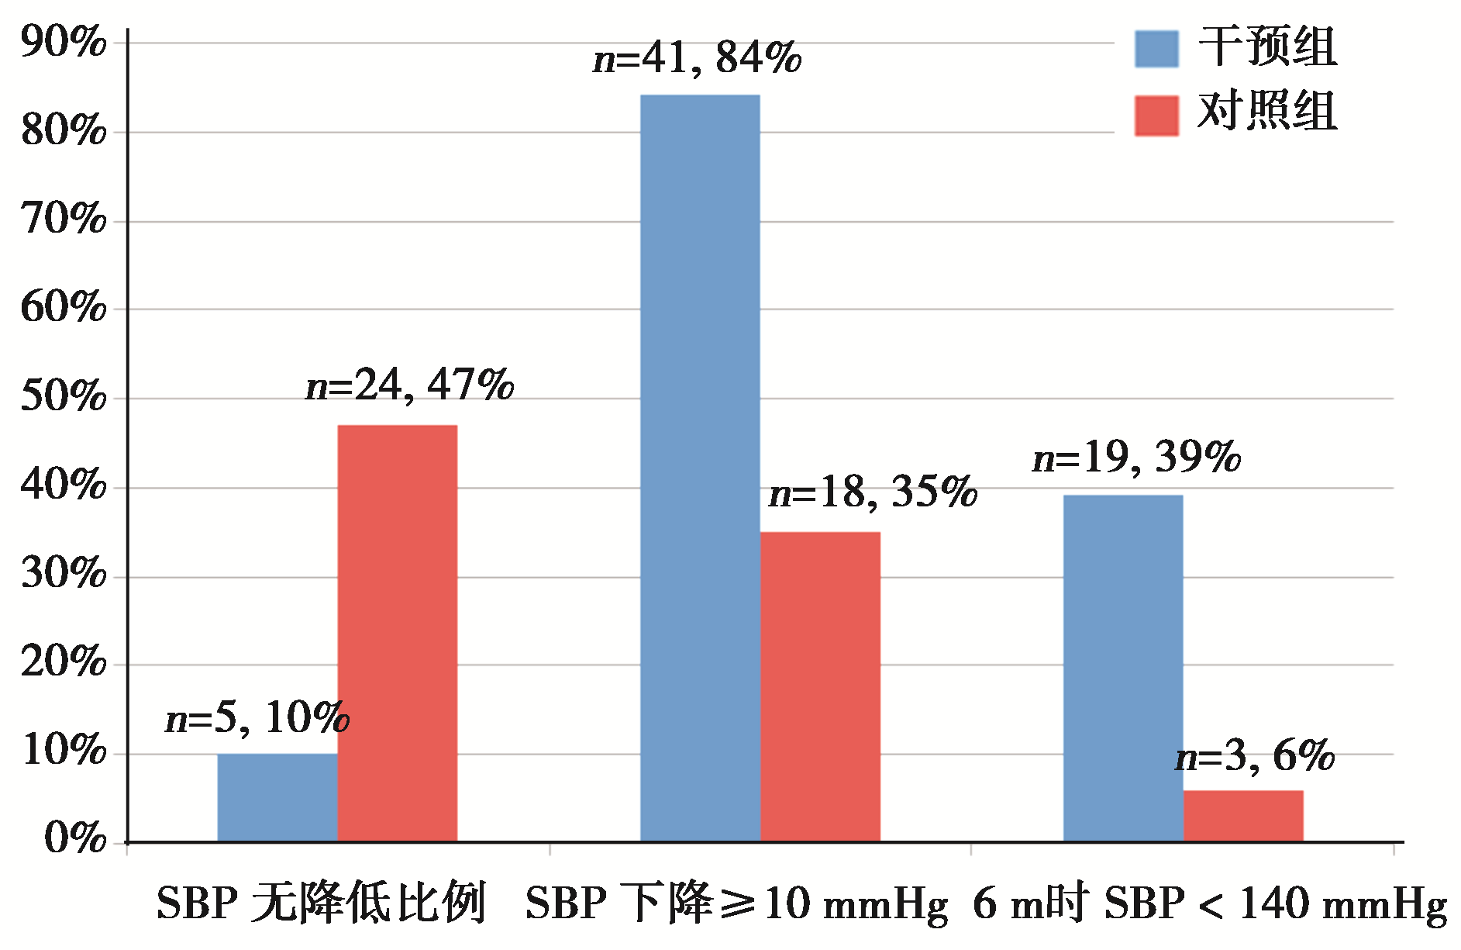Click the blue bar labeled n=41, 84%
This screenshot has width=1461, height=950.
tap(700, 468)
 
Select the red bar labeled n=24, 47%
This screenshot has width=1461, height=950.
tap(398, 633)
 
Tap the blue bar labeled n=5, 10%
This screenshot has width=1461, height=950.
tap(277, 797)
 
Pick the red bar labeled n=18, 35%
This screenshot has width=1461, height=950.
tap(820, 686)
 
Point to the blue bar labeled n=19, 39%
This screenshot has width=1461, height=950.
tap(1123, 668)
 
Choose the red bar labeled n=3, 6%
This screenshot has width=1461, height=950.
tap(1243, 816)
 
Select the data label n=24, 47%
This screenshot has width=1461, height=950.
tap(410, 385)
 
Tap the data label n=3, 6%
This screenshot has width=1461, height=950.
tap(1256, 756)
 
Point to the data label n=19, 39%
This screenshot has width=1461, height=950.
tap(1137, 457)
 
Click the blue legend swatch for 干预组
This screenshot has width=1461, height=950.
tap(1156, 49)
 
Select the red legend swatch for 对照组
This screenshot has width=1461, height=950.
tap(1156, 116)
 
